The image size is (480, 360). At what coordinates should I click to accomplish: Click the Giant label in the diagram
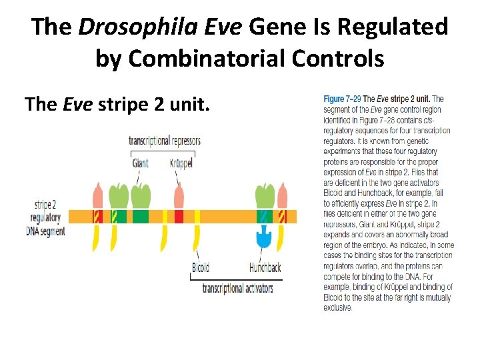click(140, 163)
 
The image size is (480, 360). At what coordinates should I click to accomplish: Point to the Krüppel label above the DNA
click(181, 163)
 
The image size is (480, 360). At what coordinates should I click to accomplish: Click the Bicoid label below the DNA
click(201, 267)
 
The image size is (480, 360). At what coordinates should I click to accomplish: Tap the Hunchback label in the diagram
click(265, 267)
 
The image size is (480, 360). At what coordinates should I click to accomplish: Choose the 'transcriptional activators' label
click(237, 288)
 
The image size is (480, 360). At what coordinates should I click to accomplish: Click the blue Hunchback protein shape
click(264, 235)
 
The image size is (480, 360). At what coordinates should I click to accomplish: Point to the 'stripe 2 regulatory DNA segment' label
click(48, 217)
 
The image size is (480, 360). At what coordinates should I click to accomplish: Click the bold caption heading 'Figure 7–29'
click(343, 99)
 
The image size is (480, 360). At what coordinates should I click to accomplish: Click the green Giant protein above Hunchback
click(265, 196)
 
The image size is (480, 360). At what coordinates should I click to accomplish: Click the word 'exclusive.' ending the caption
click(338, 308)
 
